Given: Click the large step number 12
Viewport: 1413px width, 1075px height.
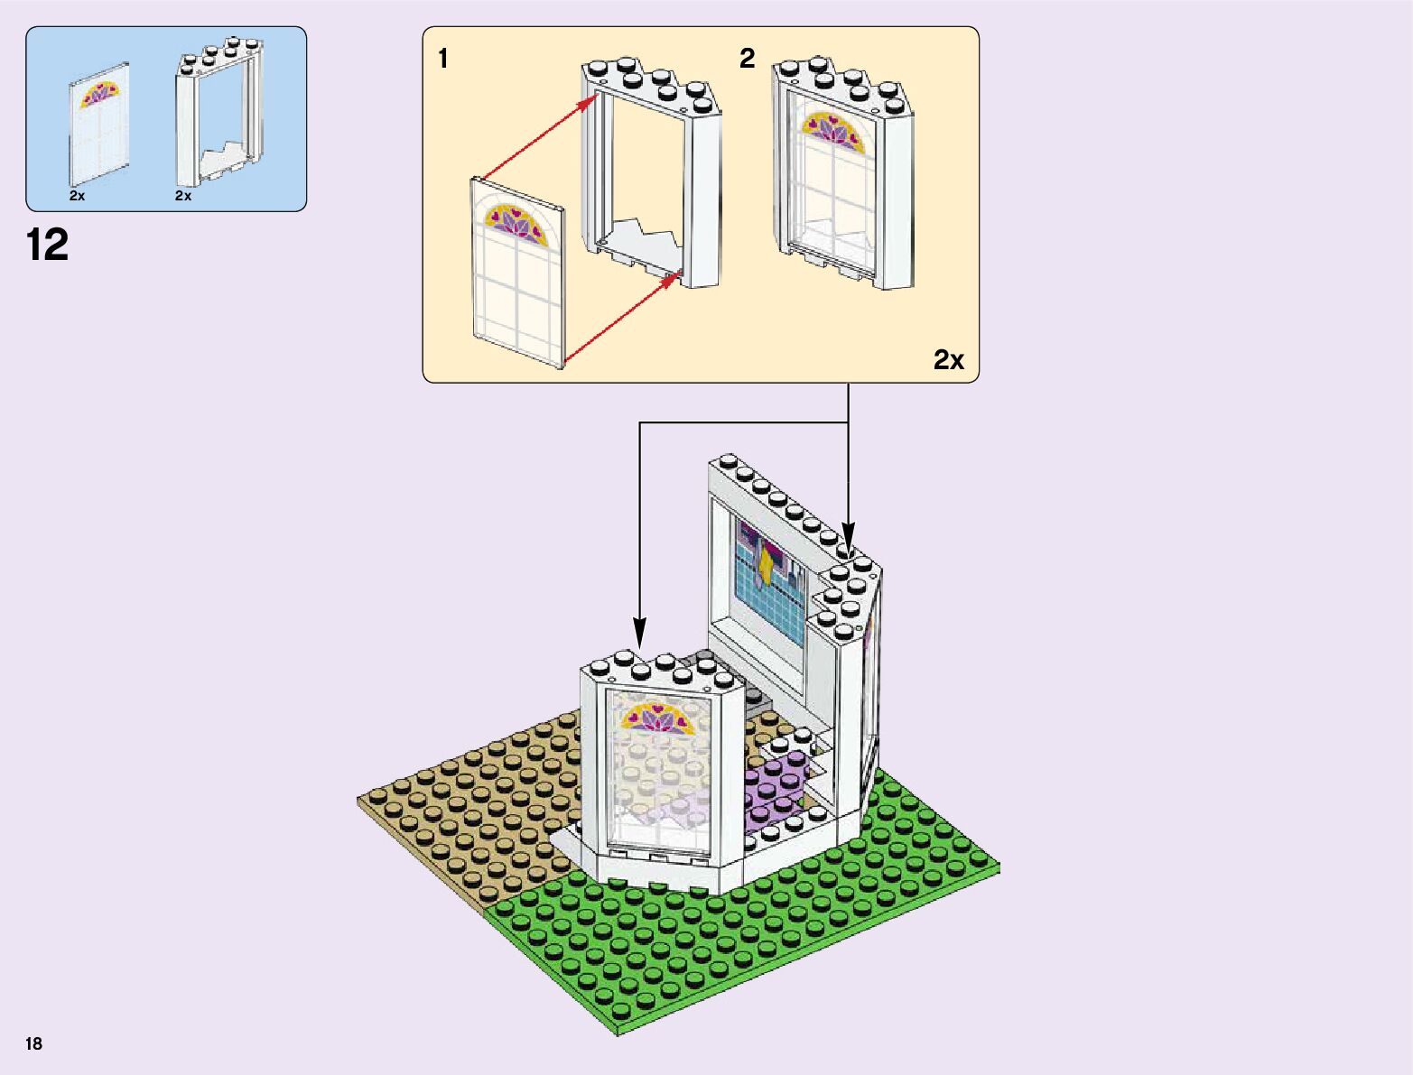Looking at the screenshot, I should click(x=48, y=246).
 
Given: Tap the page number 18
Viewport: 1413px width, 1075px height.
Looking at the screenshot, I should click(x=34, y=1044).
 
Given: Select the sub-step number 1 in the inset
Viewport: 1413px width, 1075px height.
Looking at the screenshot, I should click(x=442, y=59).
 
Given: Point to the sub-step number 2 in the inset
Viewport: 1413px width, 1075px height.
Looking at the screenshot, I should click(x=747, y=59).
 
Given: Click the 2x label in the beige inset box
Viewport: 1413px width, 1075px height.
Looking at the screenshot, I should click(x=948, y=360).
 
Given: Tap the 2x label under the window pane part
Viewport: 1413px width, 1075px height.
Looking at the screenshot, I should click(x=77, y=196).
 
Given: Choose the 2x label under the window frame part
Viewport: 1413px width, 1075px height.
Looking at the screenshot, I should click(x=183, y=196).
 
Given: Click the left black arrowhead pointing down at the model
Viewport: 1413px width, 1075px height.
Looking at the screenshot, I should click(x=639, y=631).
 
